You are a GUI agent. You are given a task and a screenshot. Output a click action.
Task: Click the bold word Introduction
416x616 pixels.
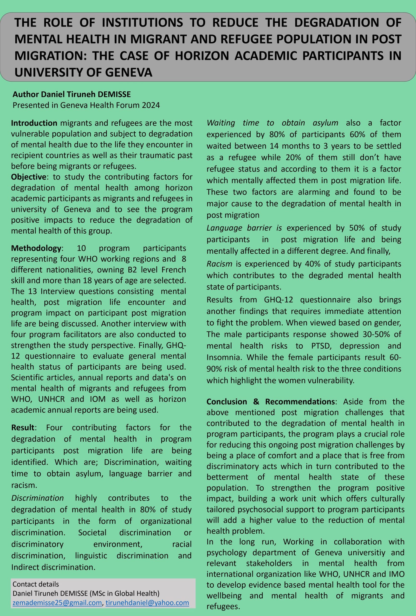click(34, 123)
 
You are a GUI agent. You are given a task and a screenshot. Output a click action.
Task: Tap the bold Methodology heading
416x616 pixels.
click(36, 248)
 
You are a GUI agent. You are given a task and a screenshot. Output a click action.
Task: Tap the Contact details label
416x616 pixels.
click(36, 584)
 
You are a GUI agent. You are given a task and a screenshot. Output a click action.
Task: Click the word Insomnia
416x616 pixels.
click(224, 357)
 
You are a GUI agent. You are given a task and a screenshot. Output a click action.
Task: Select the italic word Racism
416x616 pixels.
click(219, 264)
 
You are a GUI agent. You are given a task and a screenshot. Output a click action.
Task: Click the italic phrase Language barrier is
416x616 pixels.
click(244, 228)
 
